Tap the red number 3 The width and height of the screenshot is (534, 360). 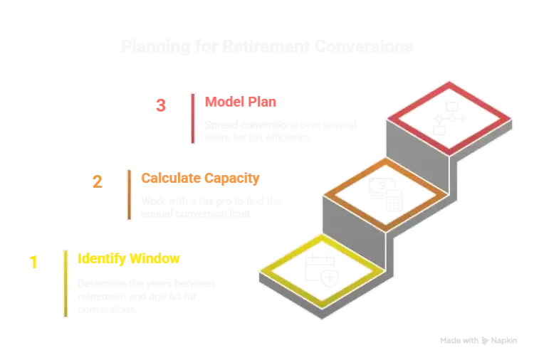tap(161, 105)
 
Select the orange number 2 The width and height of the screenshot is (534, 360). tap(97, 181)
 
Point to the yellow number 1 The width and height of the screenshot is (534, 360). tap(33, 262)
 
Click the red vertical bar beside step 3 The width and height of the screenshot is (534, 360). tap(192, 118)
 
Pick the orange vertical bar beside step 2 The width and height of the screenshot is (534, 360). tap(129, 194)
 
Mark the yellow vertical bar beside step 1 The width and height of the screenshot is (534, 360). tap(66, 281)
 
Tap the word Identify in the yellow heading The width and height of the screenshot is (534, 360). tap(103, 259)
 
